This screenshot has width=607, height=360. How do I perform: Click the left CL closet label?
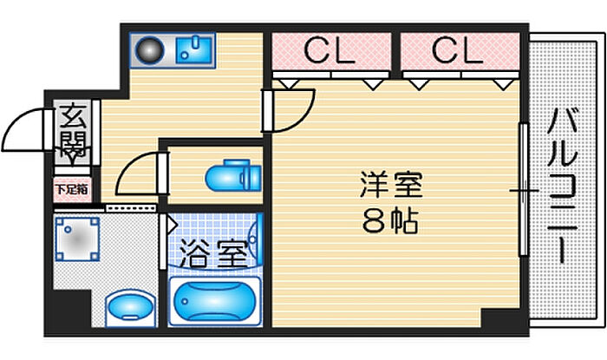[x=329, y=52]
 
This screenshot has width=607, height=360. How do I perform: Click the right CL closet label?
[x=456, y=52]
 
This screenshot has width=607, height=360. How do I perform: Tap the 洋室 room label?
[x=391, y=187]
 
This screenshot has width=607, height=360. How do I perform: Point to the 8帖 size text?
[x=391, y=221]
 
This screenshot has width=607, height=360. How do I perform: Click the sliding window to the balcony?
[x=523, y=189]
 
